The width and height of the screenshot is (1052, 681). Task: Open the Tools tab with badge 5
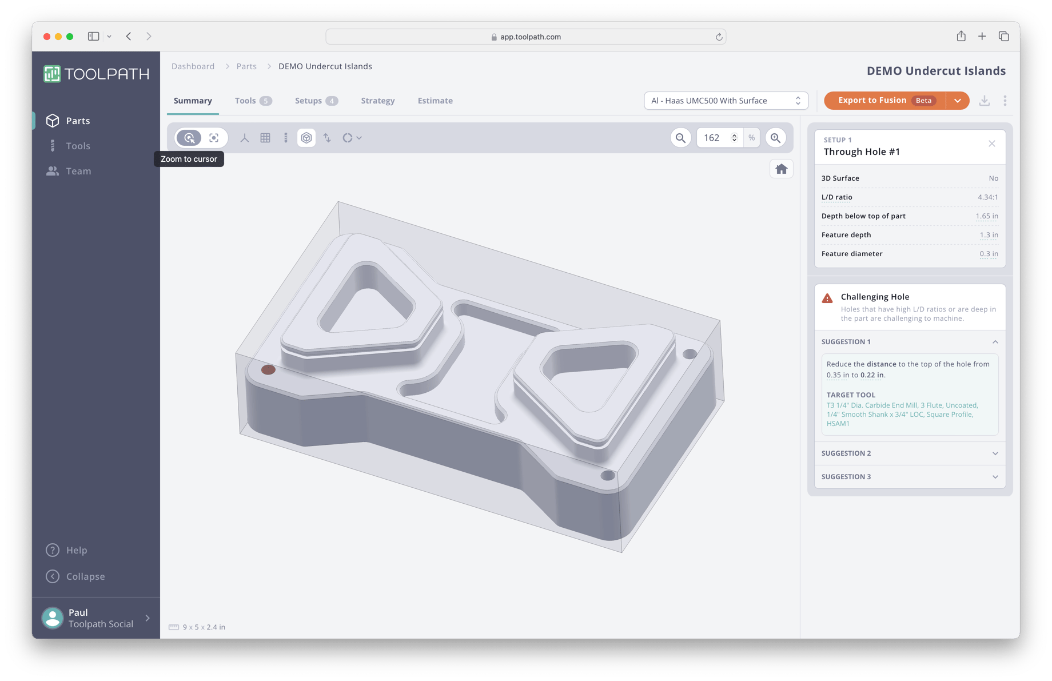253,101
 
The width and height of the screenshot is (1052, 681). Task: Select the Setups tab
316,101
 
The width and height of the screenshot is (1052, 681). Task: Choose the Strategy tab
377,101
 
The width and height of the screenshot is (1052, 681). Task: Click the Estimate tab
435,101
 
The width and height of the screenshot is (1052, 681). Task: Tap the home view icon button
781,169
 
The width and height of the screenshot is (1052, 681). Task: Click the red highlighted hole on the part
268,370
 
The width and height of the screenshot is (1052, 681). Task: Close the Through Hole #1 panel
991,144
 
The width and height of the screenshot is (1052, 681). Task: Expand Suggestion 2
909,453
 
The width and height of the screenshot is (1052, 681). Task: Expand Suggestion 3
909,477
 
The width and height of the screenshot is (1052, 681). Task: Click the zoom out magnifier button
680,138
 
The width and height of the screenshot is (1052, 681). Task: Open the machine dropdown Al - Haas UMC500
726,101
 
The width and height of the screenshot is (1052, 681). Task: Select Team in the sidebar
78,171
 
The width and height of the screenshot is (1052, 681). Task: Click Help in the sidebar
76,550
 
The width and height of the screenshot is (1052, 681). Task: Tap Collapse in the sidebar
85,576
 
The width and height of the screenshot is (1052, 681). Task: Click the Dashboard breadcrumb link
193,66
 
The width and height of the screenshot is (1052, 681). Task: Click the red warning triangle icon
827,298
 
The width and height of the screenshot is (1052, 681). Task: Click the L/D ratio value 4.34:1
987,197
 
